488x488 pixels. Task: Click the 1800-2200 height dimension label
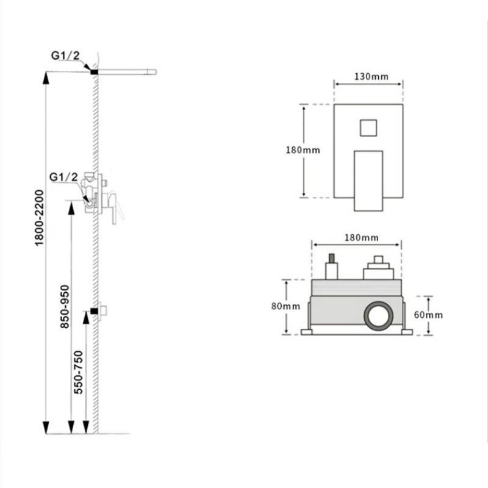[x=39, y=218]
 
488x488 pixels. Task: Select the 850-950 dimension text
[x=65, y=307]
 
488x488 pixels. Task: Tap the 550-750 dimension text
[x=79, y=373]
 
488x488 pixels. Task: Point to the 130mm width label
[x=371, y=77]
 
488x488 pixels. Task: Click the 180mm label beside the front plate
[x=303, y=150]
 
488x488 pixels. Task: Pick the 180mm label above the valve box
[x=361, y=238]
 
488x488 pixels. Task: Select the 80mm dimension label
[x=285, y=306]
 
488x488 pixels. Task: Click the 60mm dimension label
[x=428, y=315]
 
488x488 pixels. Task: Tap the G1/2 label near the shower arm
[x=65, y=56]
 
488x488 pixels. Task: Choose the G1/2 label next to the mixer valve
[x=63, y=177]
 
